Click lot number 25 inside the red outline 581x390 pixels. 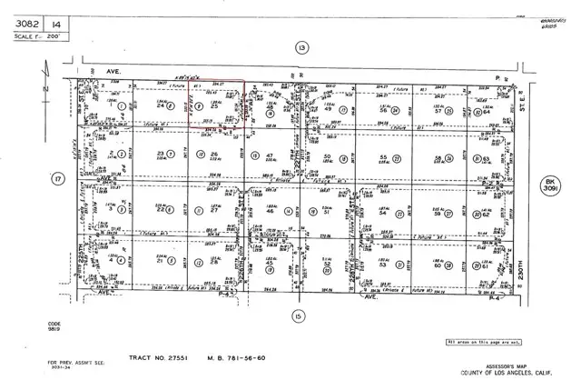[214, 107]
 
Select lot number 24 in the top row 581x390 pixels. [161, 107]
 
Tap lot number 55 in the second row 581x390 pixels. [381, 157]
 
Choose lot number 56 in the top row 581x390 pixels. [385, 109]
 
